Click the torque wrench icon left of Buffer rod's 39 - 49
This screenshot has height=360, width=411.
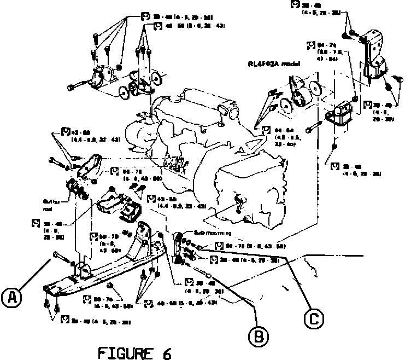35,222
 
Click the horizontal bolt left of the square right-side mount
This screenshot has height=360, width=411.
311,129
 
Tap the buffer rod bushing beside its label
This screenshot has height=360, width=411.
73,190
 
